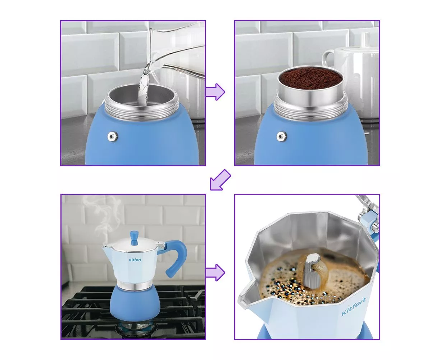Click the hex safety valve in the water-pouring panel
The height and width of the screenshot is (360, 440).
pos(113,136)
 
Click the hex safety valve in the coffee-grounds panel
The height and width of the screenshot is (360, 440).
pos(281,136)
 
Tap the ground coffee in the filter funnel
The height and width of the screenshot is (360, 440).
pos(310,79)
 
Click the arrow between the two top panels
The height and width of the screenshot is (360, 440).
pos(215,92)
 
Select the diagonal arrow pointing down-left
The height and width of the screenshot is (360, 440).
pos(220,180)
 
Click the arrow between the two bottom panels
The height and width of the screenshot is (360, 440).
pos(215,273)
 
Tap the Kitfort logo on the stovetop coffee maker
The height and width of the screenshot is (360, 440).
pos(135,260)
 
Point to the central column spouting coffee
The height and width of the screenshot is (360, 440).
pos(312,270)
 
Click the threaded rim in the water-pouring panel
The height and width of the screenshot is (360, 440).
pos(142,110)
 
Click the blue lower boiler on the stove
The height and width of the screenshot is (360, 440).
pos(135,303)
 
